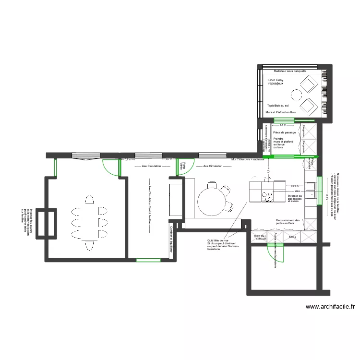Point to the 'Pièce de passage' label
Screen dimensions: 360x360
click(x=284, y=132)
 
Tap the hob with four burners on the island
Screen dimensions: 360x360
click(x=266, y=195)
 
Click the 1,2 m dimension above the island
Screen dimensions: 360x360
click(x=268, y=169)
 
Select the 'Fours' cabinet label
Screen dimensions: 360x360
click(x=292, y=237)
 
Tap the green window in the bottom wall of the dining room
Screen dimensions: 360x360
click(x=148, y=260)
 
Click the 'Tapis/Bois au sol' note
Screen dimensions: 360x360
click(x=278, y=105)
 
